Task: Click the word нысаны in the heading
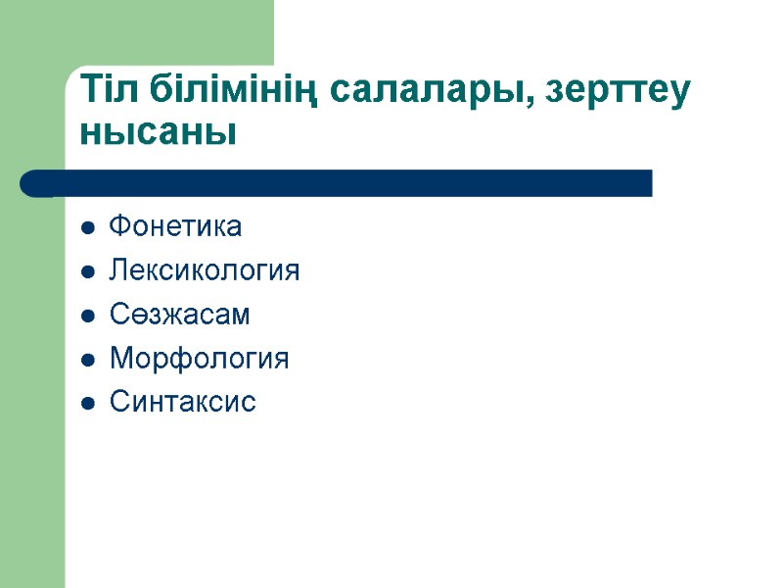(x=158, y=133)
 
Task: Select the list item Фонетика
(x=175, y=227)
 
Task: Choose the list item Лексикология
(x=205, y=271)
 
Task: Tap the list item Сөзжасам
(x=180, y=315)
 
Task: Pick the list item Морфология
(x=199, y=359)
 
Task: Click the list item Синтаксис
(x=182, y=402)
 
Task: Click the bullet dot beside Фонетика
(x=87, y=229)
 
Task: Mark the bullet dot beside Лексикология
(x=87, y=272)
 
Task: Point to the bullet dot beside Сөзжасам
(x=87, y=317)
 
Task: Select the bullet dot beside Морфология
(x=87, y=360)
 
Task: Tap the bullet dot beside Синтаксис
(x=87, y=403)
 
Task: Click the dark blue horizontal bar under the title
(x=352, y=183)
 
